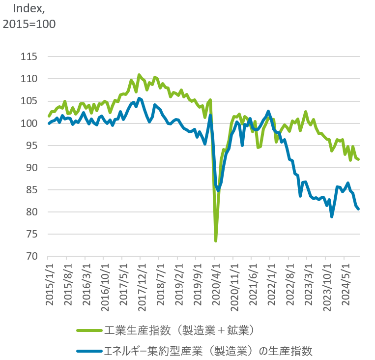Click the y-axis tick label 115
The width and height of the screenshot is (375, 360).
click(29, 57)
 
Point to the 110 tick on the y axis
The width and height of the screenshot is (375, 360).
click(29, 79)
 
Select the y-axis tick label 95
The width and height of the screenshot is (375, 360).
click(31, 146)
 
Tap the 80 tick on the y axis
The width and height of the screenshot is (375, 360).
click(31, 212)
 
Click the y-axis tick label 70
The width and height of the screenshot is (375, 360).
click(31, 256)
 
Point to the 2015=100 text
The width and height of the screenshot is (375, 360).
click(29, 24)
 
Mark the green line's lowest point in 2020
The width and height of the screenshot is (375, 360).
click(216, 241)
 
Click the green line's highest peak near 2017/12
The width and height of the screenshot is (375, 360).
click(139, 75)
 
